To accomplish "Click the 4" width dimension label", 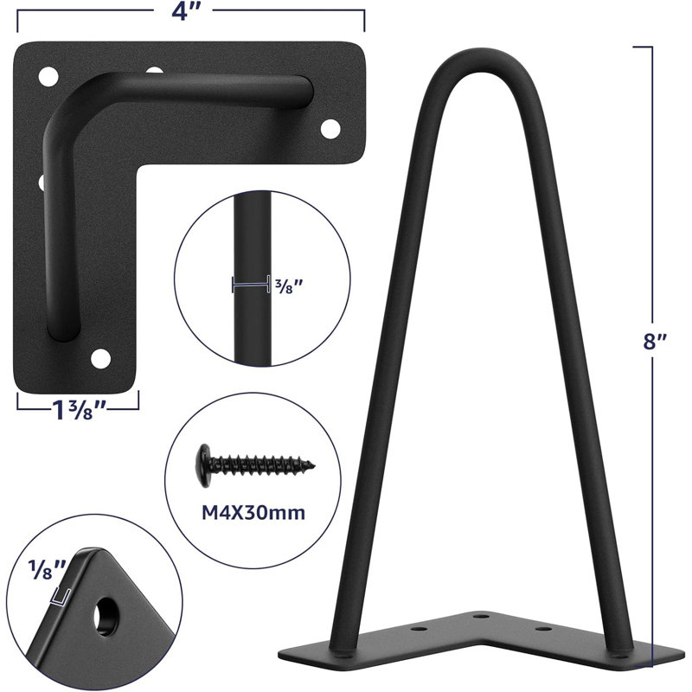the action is click(189, 12).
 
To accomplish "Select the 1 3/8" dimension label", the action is click(80, 409).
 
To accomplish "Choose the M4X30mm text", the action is click(253, 513).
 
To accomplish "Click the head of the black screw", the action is click(204, 465).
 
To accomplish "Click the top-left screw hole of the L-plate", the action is click(48, 77).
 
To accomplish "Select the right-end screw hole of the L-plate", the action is click(330, 128).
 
